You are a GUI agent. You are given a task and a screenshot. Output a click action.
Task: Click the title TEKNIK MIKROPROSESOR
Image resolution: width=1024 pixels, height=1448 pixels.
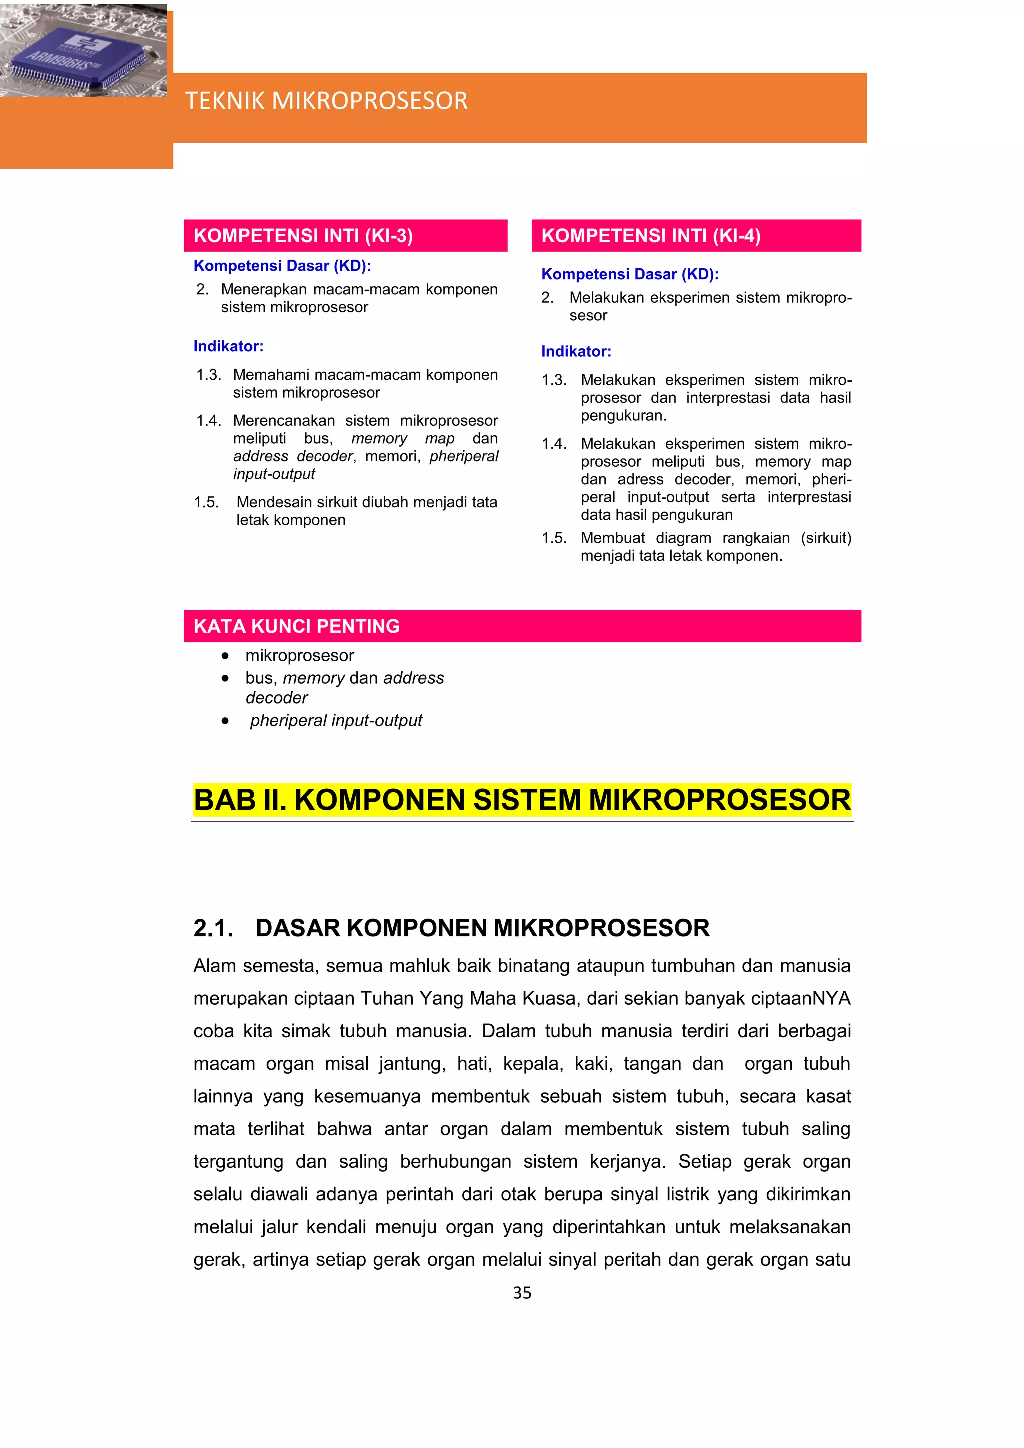point(326,101)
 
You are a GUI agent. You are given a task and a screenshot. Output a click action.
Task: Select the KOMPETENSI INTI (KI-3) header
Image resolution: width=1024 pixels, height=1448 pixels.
point(303,236)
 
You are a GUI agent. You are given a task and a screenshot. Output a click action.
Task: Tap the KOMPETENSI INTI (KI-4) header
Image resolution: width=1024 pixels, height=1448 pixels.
point(651,236)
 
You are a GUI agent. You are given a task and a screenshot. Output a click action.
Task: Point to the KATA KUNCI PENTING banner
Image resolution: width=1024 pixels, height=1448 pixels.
point(296,626)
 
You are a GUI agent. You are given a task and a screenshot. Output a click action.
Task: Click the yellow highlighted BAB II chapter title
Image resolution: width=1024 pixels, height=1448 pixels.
point(522,800)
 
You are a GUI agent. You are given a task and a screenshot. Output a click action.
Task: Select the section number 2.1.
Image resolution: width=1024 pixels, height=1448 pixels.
point(213,928)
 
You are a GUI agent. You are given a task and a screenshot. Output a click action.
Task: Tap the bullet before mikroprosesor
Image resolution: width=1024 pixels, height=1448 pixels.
point(225,656)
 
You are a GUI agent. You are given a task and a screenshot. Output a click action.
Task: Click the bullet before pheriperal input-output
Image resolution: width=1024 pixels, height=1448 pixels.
point(225,721)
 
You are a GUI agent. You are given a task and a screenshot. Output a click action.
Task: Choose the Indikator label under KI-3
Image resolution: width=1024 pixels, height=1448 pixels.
point(228,346)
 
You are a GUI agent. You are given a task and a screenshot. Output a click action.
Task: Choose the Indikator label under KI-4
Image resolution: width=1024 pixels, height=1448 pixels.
point(576,352)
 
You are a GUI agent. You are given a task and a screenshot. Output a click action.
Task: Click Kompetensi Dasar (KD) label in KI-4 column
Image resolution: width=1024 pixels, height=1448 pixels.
point(629,274)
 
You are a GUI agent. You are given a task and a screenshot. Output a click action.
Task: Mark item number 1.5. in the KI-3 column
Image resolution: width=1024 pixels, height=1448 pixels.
point(206,503)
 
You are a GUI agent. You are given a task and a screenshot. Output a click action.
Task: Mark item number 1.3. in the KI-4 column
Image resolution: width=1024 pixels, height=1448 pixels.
point(554,380)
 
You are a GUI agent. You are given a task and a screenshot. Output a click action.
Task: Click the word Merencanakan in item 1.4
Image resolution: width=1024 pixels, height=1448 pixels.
point(284,421)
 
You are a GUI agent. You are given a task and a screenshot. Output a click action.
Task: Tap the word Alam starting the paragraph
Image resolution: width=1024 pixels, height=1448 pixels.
point(213,966)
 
